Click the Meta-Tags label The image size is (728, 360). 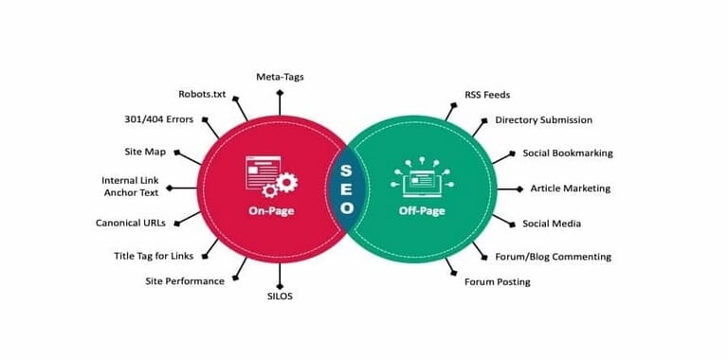[280, 76]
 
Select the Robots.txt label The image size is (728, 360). [202, 94]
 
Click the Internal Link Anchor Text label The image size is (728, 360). [132, 188]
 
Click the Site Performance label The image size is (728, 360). [185, 280]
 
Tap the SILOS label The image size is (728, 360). [281, 296]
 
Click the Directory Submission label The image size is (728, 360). [543, 120]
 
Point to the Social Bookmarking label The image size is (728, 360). [568, 153]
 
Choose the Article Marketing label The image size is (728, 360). [570, 189]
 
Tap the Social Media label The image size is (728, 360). [552, 224]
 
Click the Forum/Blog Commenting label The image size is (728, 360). [553, 256]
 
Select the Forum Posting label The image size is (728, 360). [497, 281]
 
